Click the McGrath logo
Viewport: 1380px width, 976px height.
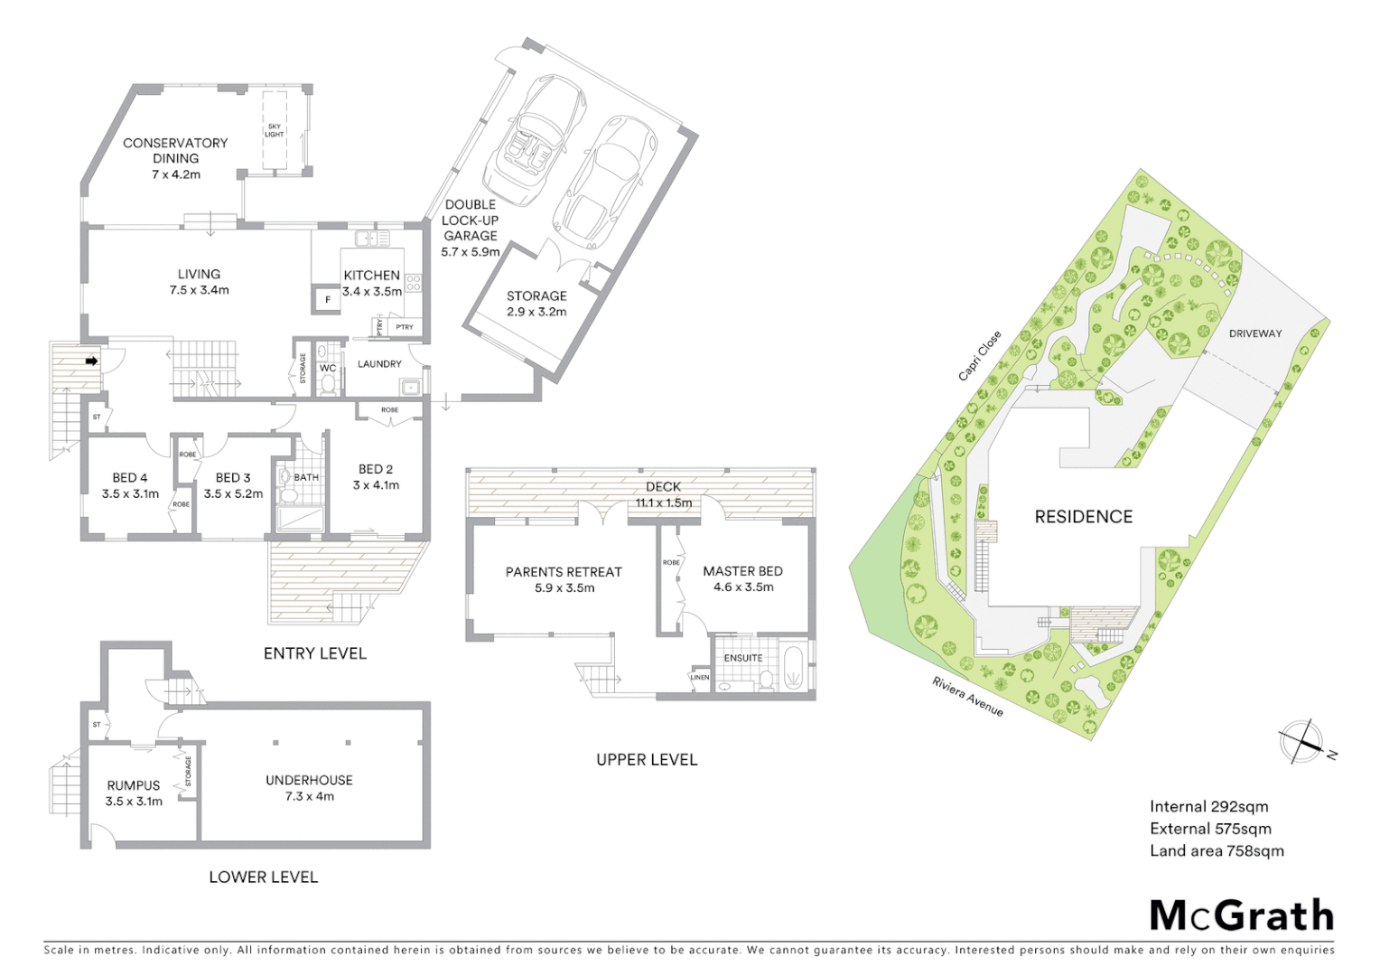tap(1241, 915)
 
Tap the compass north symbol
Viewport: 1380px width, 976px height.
tap(1302, 743)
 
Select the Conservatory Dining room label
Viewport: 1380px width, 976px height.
tap(175, 158)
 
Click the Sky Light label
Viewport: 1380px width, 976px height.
tap(275, 131)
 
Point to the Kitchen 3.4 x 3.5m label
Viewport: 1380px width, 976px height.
tap(371, 283)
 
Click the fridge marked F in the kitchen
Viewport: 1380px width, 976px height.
tap(327, 298)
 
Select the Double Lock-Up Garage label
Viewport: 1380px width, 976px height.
tap(470, 228)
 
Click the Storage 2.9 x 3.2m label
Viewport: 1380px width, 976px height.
tap(536, 304)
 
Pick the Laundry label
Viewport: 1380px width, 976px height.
tap(379, 364)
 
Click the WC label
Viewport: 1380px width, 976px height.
tap(328, 369)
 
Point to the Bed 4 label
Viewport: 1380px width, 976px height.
tap(130, 485)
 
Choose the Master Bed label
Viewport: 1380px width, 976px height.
tap(742, 578)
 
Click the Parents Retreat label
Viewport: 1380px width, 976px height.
tap(564, 579)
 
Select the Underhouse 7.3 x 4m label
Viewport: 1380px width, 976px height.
tap(309, 788)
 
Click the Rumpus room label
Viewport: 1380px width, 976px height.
tap(134, 793)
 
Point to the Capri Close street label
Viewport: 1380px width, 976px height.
tap(980, 356)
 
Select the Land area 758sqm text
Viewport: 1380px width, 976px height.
tap(1216, 850)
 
